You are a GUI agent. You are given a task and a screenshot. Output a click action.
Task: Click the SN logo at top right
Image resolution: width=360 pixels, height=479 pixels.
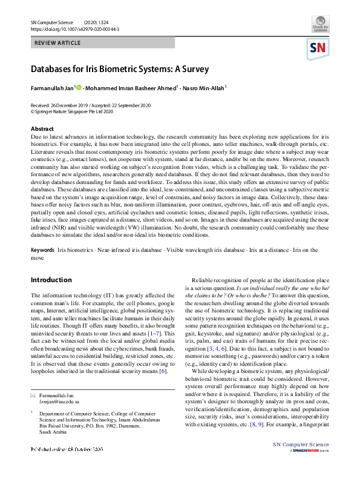pos(319,48)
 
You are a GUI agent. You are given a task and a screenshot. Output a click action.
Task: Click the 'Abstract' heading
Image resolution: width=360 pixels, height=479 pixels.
pos(42,129)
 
